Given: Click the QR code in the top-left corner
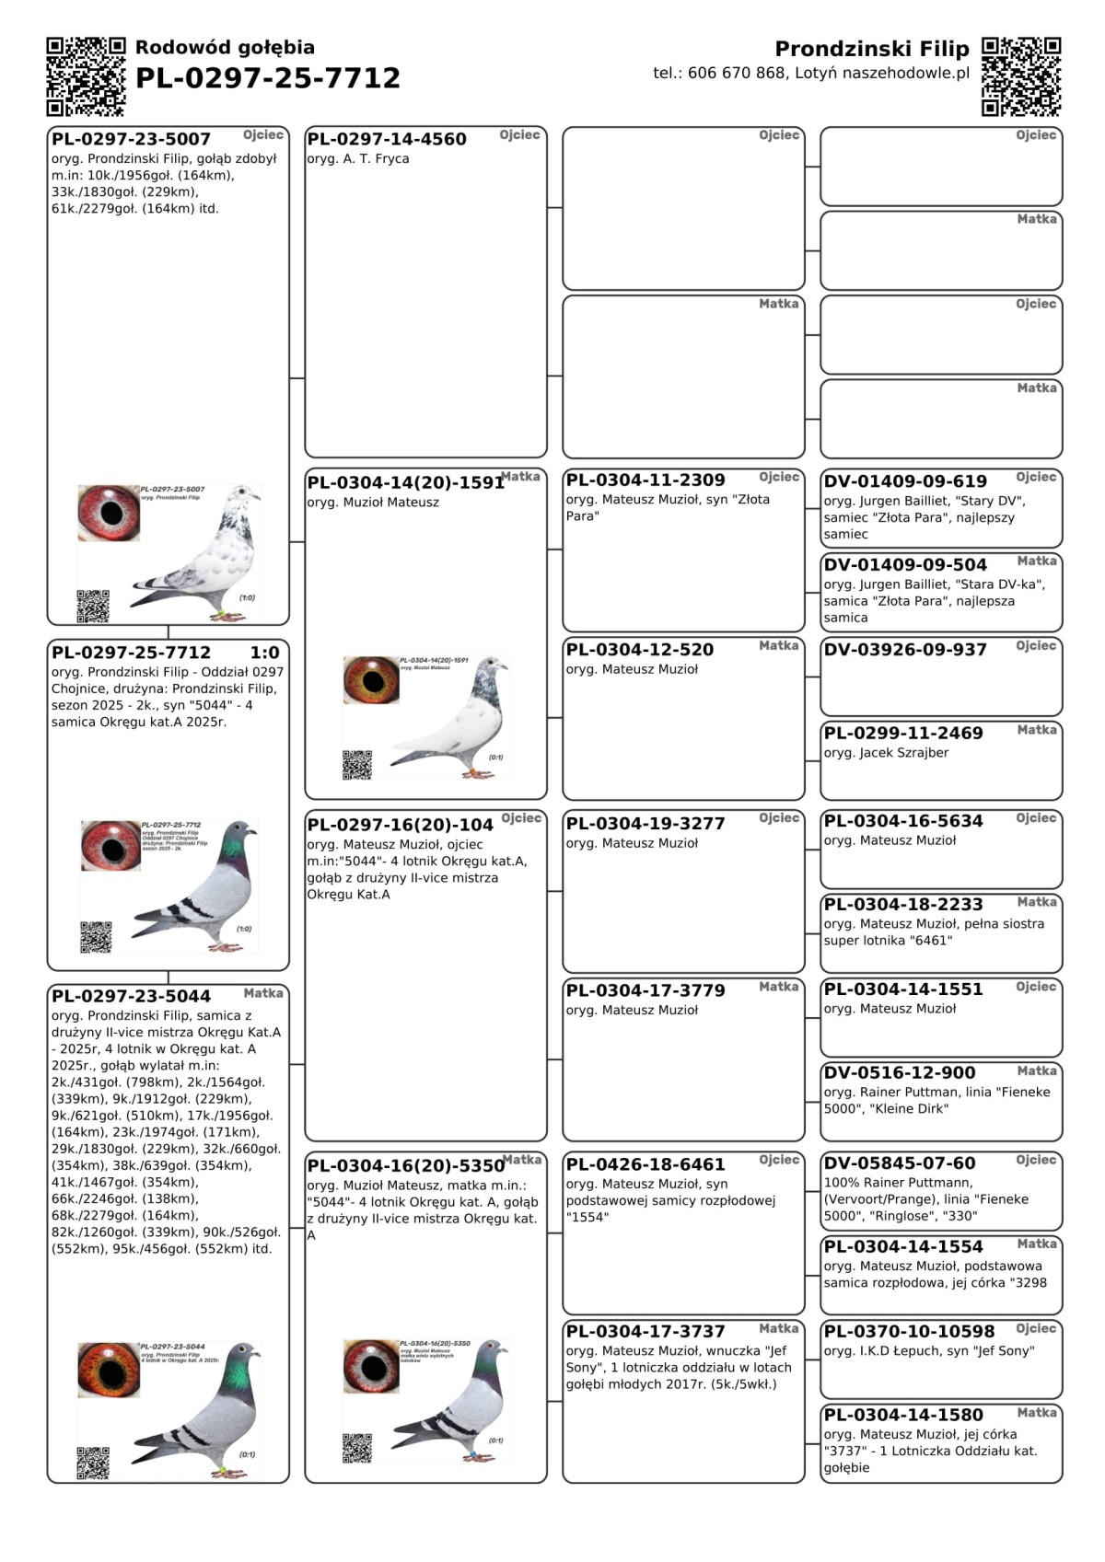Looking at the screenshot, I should (x=86, y=76).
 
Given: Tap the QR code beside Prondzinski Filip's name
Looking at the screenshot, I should (x=1021, y=76).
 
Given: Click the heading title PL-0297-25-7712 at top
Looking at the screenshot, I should (x=268, y=78).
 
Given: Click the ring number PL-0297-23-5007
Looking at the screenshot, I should (x=131, y=139).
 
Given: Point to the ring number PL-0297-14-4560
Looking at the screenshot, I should (x=387, y=139).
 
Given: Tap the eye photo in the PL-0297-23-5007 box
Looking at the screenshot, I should (x=109, y=513).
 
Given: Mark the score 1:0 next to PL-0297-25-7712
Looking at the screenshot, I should (x=264, y=653).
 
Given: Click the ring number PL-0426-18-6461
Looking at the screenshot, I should (x=645, y=1164).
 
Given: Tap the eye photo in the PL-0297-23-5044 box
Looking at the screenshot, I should (x=109, y=1370).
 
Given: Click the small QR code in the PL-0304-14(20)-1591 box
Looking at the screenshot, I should (x=357, y=765).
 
